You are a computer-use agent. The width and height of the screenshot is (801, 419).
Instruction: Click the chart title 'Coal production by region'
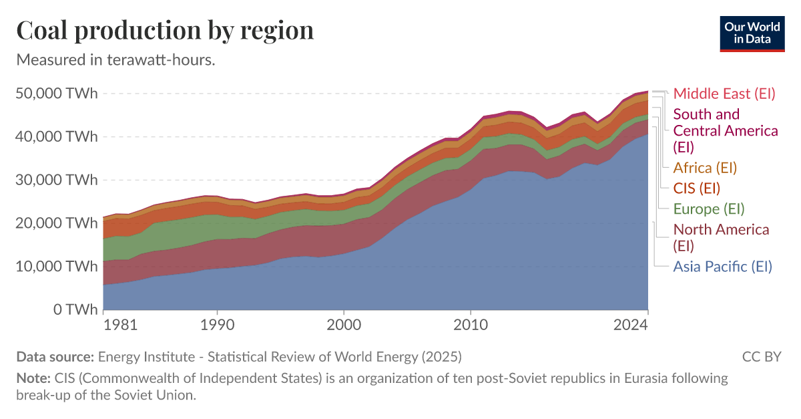pos(164,30)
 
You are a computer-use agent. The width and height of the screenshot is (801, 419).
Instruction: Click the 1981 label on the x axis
pos(121,325)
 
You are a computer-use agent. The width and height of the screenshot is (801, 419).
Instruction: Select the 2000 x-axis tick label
pos(344,325)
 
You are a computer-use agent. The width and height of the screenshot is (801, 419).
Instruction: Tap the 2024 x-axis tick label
pos(631,325)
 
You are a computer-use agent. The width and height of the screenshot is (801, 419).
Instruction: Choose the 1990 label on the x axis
pos(217,325)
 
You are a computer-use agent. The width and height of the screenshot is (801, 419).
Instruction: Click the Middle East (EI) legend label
pos(724,94)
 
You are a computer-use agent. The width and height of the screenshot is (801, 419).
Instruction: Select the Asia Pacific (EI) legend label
pos(722,267)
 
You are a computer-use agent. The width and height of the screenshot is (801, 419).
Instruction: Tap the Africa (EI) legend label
pos(705,168)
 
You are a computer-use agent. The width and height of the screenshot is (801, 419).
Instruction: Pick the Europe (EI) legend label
pos(708,208)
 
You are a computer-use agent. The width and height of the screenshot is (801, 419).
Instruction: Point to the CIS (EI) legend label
pos(696,188)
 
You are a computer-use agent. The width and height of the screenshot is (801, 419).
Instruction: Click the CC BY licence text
pos(761,356)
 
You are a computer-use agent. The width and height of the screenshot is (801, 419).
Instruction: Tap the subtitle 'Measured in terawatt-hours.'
pos(115,59)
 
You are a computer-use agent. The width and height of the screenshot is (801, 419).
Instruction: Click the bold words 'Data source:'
pos(55,356)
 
